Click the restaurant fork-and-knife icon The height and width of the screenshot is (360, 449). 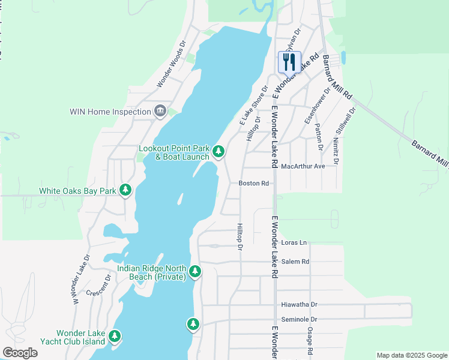coord(289,61)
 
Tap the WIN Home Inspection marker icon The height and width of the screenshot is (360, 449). coord(160,111)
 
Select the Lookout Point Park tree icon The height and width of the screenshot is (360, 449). coord(219,152)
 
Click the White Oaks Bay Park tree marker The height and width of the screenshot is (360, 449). coord(125,191)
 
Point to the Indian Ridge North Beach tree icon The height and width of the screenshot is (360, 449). coord(194,272)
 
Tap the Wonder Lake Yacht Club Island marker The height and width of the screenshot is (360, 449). coord(114,337)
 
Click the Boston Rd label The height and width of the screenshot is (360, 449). coord(253,183)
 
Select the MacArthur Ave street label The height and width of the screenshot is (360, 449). coord(303,166)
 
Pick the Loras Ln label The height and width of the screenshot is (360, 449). coord(294,243)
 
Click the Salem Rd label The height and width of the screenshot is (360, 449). coord(295,262)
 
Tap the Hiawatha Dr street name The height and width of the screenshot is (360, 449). coord(300,305)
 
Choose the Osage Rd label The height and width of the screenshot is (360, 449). coord(310,343)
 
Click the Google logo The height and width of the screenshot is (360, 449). coord(20,353)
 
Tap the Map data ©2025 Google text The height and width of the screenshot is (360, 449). coord(411,355)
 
